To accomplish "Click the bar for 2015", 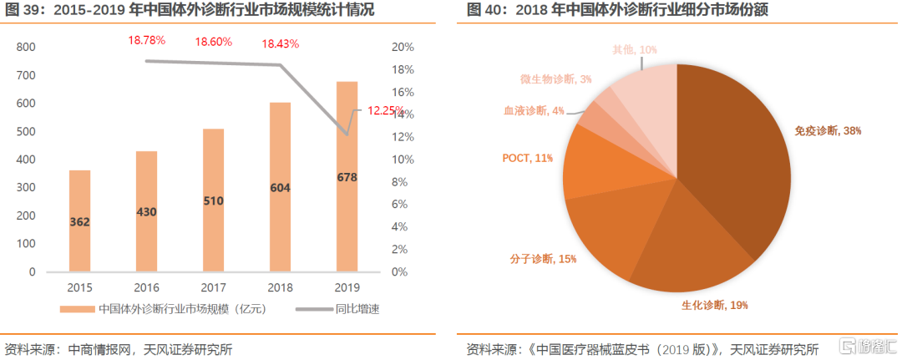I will (80, 221).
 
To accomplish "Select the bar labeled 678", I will (347, 176).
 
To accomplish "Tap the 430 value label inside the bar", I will (147, 213).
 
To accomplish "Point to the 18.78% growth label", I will (147, 40).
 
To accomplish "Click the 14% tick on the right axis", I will (401, 114).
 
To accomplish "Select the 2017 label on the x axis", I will (214, 286).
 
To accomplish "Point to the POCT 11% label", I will (527, 158).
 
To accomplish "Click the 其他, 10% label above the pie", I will (636, 51).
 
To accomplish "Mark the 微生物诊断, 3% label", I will (556, 79).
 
